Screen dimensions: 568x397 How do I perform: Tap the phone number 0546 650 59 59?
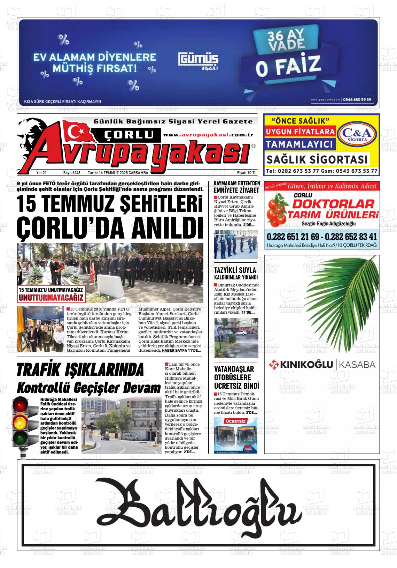(x=357, y=99)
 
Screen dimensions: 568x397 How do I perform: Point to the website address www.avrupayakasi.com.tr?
(x=208, y=135)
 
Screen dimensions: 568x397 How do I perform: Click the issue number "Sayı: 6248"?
(x=72, y=173)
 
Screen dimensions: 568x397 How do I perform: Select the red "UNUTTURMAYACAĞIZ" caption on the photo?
(x=51, y=298)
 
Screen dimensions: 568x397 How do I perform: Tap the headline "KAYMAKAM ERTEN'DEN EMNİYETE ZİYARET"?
(x=236, y=187)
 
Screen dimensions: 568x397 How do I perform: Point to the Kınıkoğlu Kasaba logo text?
(x=322, y=365)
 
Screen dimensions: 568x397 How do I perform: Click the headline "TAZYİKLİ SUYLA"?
(x=235, y=270)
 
